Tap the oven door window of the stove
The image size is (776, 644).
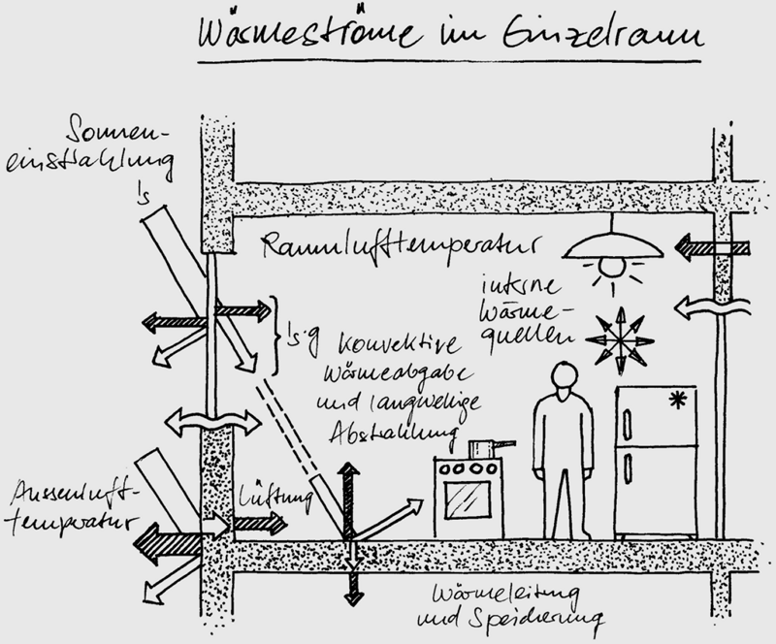click(469, 499)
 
